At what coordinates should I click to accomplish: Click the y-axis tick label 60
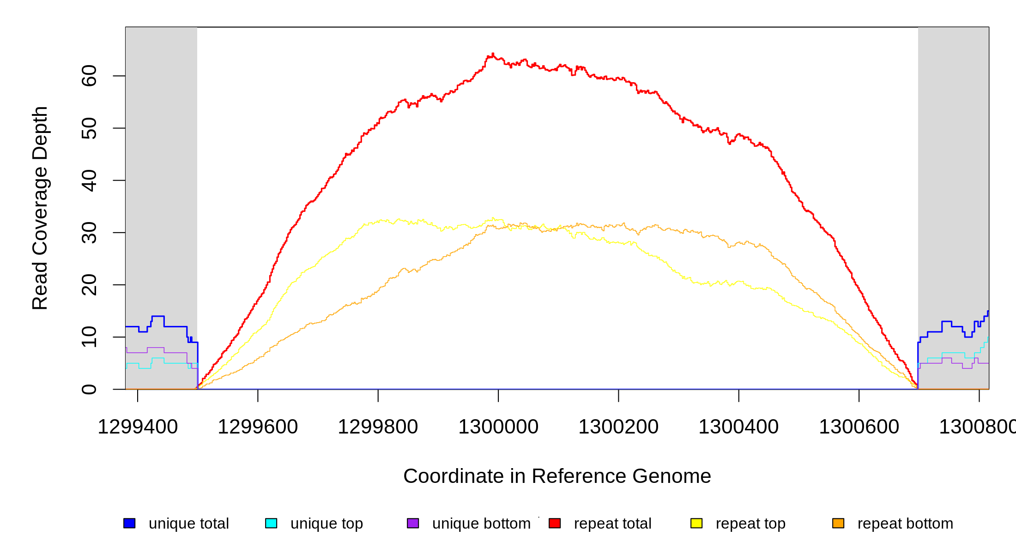[x=89, y=76]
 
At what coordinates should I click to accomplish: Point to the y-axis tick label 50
[x=89, y=128]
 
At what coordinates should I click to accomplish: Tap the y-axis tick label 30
[x=89, y=233]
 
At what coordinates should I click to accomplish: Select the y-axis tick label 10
[x=89, y=337]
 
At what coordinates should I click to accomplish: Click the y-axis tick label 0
[x=89, y=389]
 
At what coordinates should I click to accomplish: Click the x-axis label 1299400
[x=138, y=427]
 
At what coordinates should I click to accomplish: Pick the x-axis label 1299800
[x=378, y=427]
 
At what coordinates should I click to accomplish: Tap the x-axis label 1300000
[x=498, y=427]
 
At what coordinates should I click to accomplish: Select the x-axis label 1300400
[x=738, y=427]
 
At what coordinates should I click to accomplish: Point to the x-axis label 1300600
[x=859, y=427]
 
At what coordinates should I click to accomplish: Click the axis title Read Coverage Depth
[x=40, y=208]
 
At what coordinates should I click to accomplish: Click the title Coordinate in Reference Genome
[x=557, y=476]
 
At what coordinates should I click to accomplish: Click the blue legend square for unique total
[x=129, y=523]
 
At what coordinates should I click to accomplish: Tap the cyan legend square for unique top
[x=271, y=523]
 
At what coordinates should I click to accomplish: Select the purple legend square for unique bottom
[x=413, y=523]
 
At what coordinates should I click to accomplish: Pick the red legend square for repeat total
[x=555, y=523]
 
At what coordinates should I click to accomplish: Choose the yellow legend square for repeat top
[x=696, y=523]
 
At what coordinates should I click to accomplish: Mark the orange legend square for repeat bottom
[x=838, y=523]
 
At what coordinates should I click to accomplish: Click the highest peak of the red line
[x=493, y=54]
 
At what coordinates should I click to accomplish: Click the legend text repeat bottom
[x=905, y=524]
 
